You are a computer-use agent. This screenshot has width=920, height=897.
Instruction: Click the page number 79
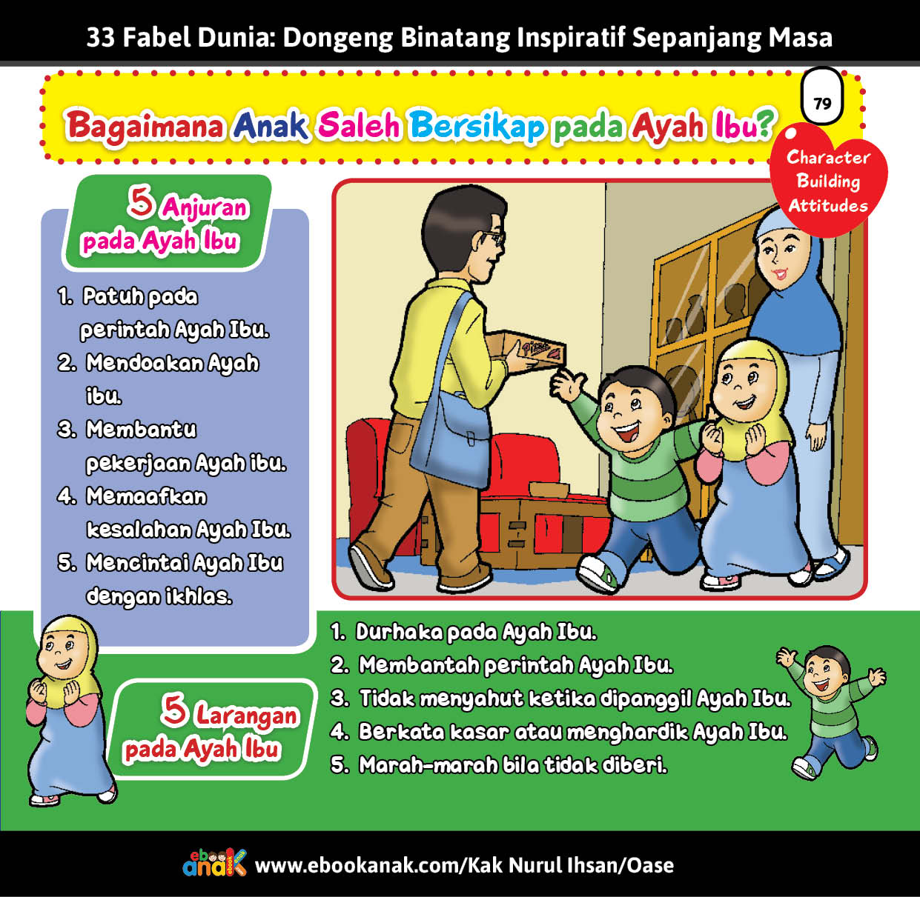(823, 103)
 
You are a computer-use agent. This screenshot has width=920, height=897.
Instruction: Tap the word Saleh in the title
(359, 126)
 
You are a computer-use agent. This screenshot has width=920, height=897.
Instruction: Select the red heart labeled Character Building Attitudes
(828, 180)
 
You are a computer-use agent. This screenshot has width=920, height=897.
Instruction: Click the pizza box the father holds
(529, 349)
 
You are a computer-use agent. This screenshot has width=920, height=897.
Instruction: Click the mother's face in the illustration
(781, 259)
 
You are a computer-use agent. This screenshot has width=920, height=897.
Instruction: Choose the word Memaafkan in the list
(147, 496)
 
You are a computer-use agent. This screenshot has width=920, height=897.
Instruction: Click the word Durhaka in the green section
(399, 632)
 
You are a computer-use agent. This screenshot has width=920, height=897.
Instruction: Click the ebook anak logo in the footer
(214, 862)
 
